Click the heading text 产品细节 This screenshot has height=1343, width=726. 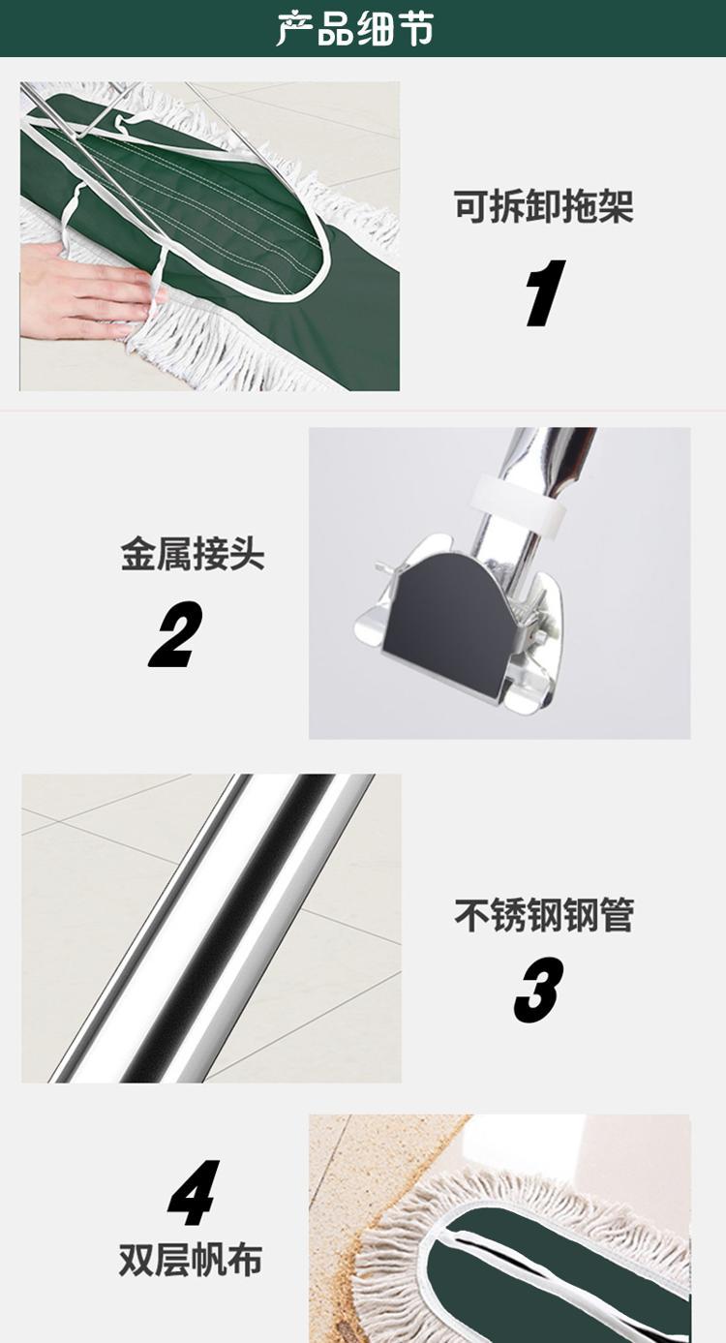(355, 28)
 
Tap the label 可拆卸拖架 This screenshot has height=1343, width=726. (544, 207)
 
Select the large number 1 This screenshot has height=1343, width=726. (544, 293)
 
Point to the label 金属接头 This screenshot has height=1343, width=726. (193, 554)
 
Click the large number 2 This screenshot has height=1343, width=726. (175, 634)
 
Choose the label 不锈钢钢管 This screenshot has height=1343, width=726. (544, 916)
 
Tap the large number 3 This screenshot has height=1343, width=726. (538, 990)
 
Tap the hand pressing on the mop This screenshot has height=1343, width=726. (84, 290)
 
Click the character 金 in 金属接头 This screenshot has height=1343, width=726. (138, 554)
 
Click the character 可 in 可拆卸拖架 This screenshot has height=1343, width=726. (471, 207)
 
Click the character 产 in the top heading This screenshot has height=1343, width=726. (294, 28)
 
